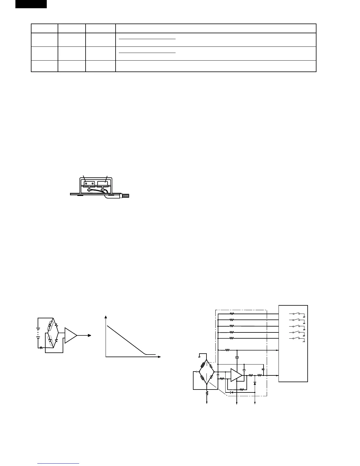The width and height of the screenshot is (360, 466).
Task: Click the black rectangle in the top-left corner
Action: tap(31, 4)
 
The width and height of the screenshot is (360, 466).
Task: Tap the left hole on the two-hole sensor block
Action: tap(86, 183)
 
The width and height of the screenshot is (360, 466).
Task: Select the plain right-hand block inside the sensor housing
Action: tap(104, 183)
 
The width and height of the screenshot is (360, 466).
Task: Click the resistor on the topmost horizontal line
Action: tap(232, 314)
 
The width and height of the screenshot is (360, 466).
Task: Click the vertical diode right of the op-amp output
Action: tap(255, 383)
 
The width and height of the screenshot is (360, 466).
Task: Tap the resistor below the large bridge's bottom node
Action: tap(207, 393)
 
